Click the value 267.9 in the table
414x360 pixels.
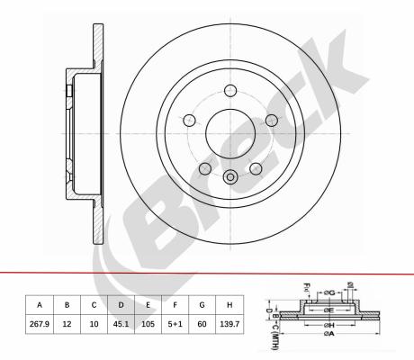[40, 324]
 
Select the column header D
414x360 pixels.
[121, 305]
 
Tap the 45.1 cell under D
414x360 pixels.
[121, 324]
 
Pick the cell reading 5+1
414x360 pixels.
[175, 324]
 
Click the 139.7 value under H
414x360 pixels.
[229, 324]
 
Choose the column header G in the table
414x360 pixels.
[202, 305]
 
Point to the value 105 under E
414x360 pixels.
[148, 324]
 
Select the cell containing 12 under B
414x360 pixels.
[67, 324]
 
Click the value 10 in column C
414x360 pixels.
[94, 324]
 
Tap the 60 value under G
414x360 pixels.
[202, 324]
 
